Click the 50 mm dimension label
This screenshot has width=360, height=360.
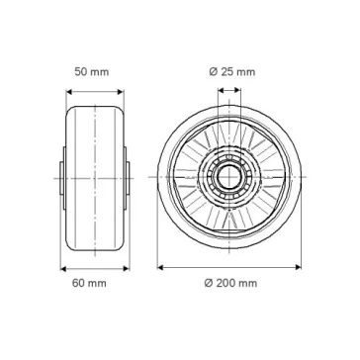(92, 72)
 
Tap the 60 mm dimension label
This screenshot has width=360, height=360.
(89, 283)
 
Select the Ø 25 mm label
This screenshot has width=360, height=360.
(232, 72)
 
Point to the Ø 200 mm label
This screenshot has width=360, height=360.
(230, 283)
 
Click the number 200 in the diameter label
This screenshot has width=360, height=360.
(225, 283)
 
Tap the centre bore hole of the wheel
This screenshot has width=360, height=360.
(229, 177)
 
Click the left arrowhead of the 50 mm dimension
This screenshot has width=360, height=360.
(69, 92)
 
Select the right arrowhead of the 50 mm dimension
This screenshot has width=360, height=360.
(121, 92)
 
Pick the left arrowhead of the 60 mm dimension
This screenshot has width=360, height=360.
(63, 269)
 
